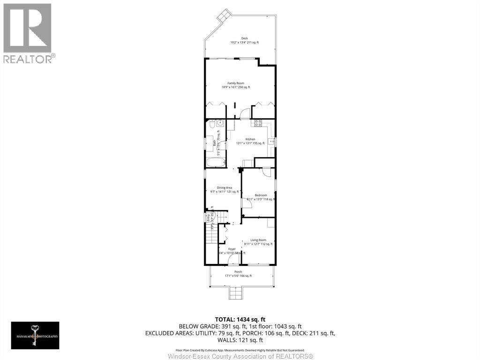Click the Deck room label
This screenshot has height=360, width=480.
(244, 38)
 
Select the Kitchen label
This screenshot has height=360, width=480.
(250, 139)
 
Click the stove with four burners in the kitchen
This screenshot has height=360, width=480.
(258, 123)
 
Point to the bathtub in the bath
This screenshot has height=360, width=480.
(216, 163)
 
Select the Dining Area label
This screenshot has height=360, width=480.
(225, 187)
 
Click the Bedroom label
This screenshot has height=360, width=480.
(261, 195)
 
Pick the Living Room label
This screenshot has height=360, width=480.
(258, 240)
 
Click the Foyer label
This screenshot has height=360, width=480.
(232, 249)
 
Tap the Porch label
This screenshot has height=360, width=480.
(238, 272)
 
